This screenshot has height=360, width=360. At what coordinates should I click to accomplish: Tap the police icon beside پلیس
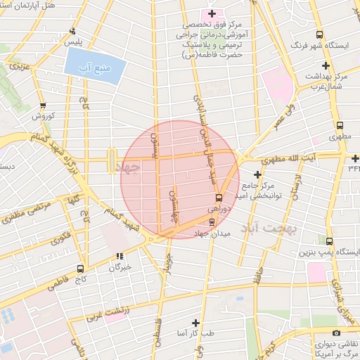73,31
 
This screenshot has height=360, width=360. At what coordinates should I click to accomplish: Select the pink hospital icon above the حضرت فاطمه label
212,14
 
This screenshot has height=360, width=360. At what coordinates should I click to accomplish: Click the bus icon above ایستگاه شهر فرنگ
320,34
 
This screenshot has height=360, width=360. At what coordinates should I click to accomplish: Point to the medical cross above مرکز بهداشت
326,65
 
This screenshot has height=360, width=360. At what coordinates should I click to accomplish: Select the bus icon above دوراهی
219,198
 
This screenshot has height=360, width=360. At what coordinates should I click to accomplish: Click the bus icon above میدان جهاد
213,223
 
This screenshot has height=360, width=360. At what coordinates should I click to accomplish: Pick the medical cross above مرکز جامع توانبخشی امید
258,174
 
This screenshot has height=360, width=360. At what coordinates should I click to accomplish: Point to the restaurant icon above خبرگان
120,256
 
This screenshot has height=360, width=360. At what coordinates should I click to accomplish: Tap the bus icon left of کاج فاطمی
80,269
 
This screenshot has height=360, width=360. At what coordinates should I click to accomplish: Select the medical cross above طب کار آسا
195,322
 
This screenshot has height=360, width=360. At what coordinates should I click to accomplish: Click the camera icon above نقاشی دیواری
335,333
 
